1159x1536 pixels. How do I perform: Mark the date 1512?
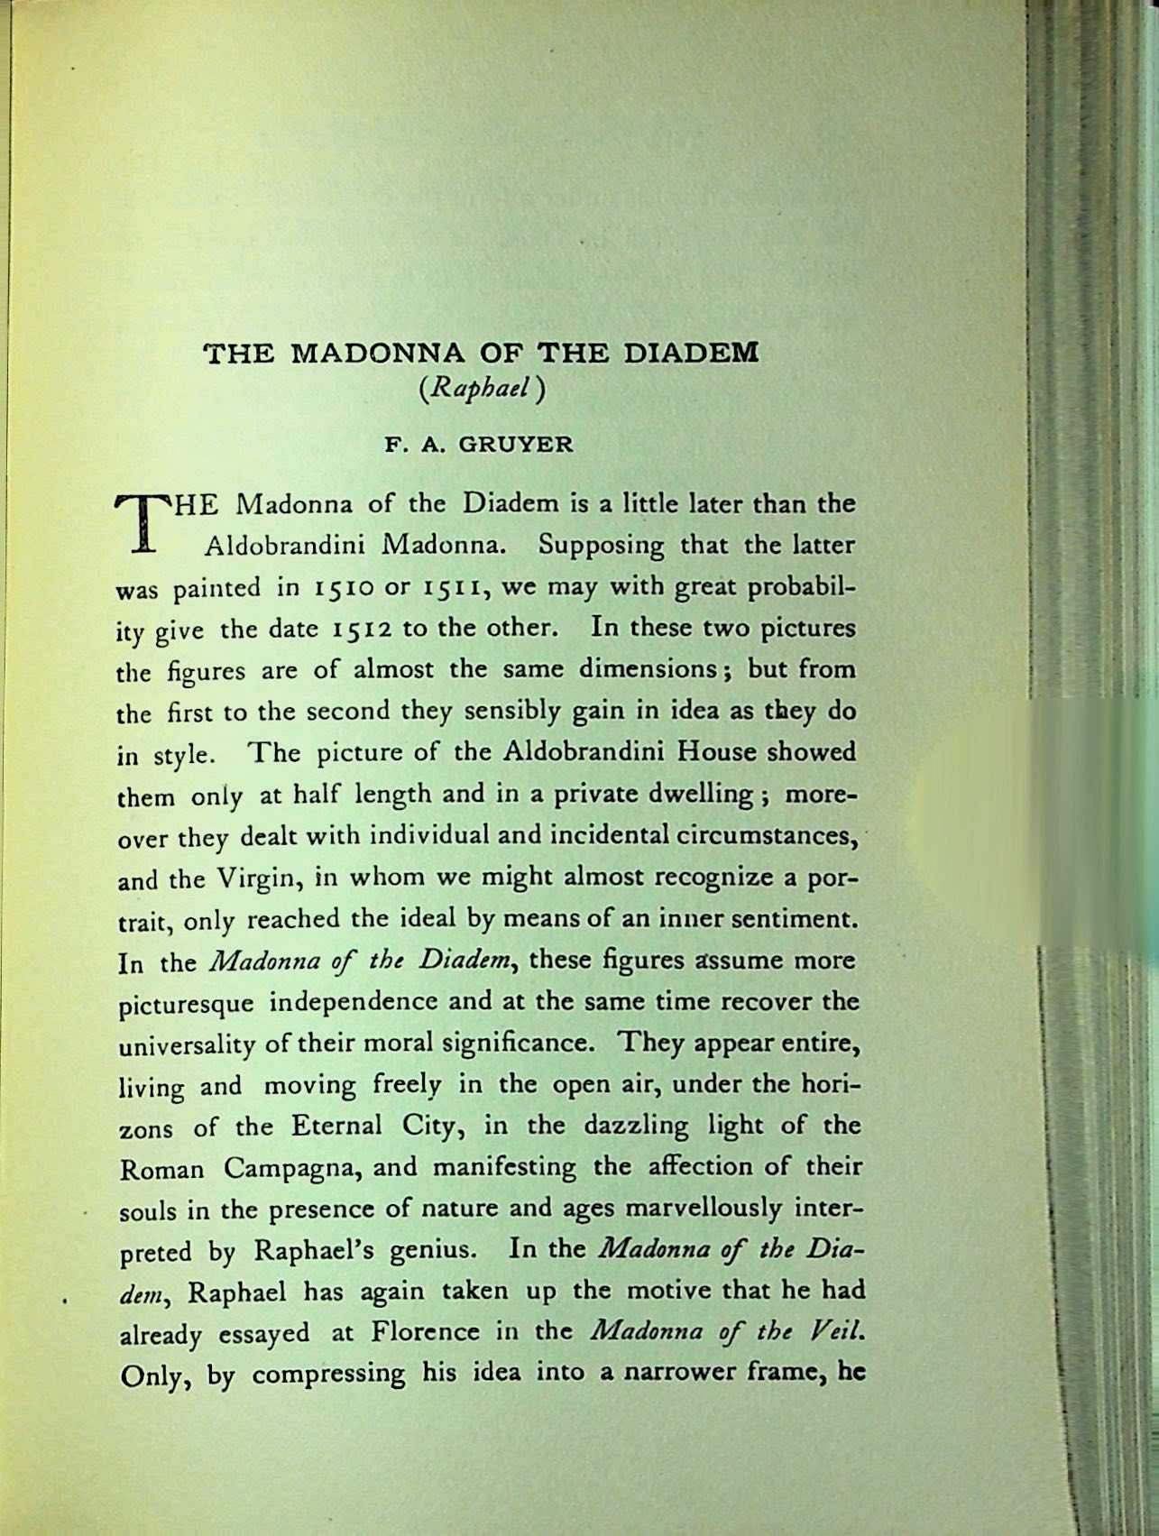click(363, 629)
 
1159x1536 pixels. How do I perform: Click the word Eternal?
click(336, 1127)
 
